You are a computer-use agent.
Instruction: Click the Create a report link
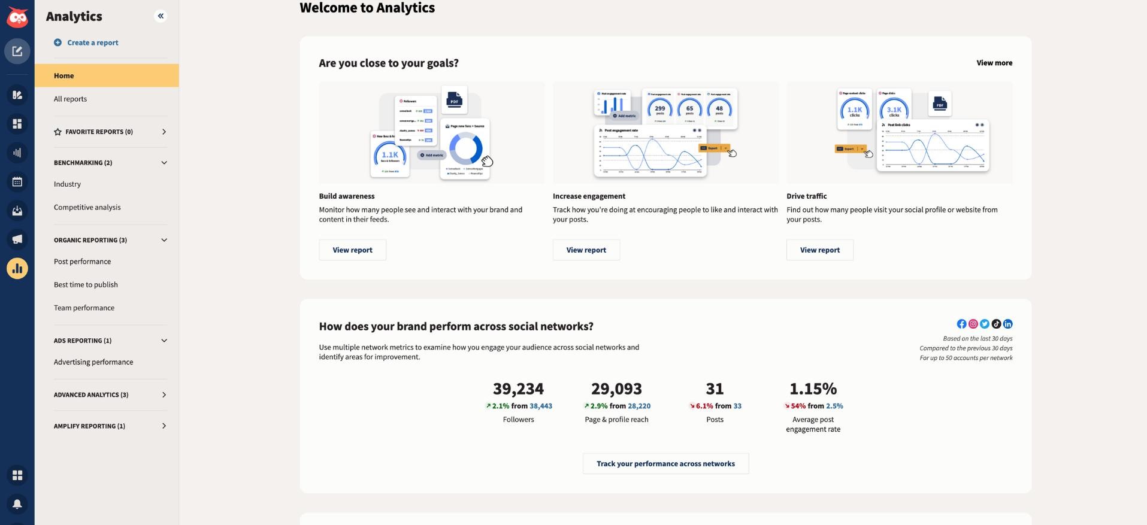pos(92,43)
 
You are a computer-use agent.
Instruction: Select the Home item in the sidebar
pos(64,75)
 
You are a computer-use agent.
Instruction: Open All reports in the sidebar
pos(70,99)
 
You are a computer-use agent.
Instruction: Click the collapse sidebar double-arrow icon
pos(161,16)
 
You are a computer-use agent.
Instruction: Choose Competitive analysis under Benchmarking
pos(87,207)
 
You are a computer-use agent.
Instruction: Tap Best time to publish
pos(86,284)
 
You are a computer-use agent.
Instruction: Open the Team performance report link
pos(84,308)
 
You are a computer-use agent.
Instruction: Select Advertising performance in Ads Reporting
pos(93,362)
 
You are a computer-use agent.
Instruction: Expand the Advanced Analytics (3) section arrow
pos(164,394)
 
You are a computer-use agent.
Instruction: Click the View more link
pos(994,63)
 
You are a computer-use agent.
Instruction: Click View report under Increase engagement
pos(586,250)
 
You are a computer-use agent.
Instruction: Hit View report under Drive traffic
pos(819,250)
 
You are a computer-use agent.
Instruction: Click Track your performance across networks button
pos(665,463)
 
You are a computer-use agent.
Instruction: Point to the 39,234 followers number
pos(518,389)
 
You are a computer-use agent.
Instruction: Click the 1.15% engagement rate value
pos(813,389)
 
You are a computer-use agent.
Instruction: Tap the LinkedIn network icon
pos(1008,324)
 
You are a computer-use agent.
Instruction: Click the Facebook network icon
pos(961,324)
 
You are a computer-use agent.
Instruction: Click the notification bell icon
pos(17,504)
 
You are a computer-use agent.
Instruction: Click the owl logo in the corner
pos(17,18)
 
